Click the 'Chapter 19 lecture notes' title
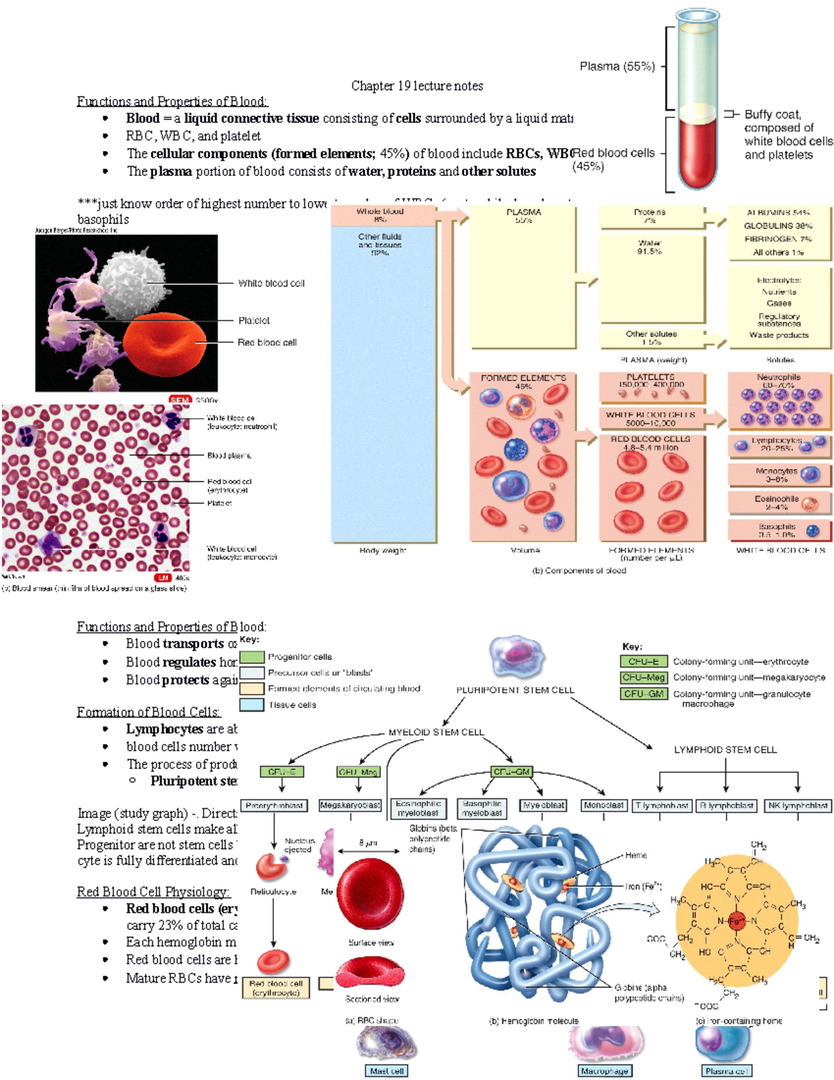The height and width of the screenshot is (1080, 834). coord(417,86)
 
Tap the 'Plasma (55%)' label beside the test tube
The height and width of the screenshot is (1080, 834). coord(617,67)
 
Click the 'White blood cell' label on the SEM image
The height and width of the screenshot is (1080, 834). coord(271,284)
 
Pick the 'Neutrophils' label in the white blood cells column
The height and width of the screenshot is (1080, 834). coord(778,378)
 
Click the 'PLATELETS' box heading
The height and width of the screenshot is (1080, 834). coord(651,377)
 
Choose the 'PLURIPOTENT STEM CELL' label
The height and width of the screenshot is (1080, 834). coord(515,691)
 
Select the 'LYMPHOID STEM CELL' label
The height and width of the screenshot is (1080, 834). coord(725,750)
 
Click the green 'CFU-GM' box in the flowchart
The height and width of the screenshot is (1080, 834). coord(512,772)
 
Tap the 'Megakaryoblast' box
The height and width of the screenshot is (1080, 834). coord(350,805)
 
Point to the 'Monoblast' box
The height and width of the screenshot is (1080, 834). coord(603,805)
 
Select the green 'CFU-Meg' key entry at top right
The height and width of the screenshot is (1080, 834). coord(644,677)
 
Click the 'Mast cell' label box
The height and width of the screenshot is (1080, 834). coord(386,1072)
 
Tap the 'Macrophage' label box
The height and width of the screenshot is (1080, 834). coord(605,1072)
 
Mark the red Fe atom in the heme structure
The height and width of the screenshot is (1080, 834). coord(737,921)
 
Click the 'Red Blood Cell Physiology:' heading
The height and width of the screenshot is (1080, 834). coord(153,892)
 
